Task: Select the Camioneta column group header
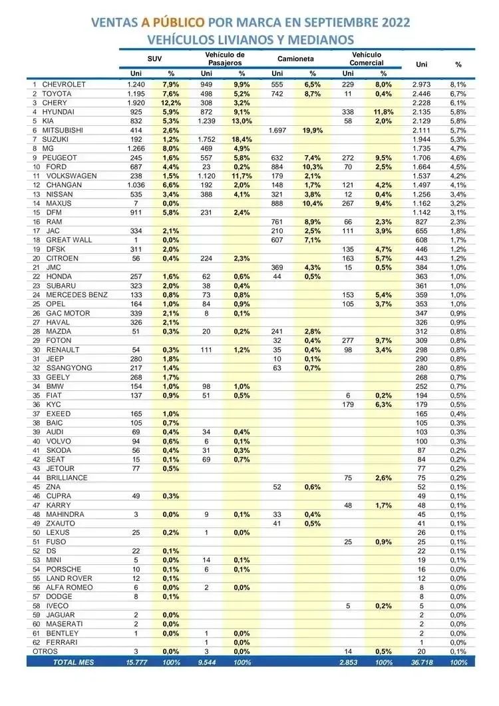coord(295,59)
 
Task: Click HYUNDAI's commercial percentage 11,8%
coord(383,113)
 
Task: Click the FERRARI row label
coord(61,642)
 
